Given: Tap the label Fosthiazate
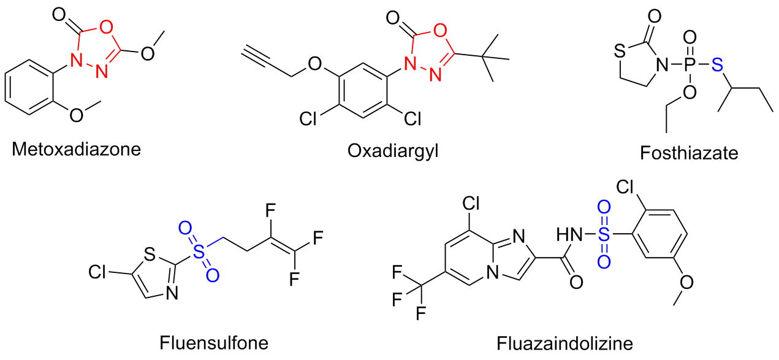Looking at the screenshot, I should [x=689, y=151].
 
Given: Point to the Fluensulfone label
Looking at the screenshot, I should [x=213, y=341].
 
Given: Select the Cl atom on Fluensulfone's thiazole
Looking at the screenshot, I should [x=100, y=270].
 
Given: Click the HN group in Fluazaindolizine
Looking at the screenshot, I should [x=568, y=234].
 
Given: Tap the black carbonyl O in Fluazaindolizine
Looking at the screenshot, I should [x=576, y=283].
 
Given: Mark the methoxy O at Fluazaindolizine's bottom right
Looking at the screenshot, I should [x=686, y=282].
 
